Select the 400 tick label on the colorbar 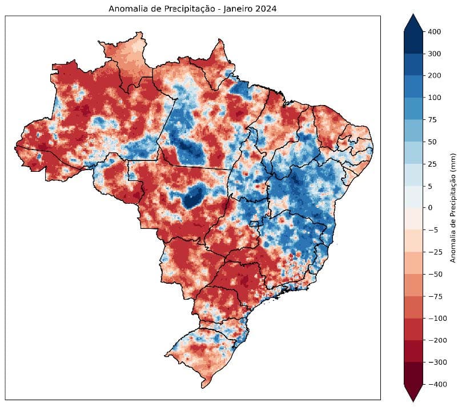coord(433,32)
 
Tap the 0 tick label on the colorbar coord(429,208)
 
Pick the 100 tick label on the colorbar coord(433,98)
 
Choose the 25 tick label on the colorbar coord(432,164)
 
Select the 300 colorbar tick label coord(433,54)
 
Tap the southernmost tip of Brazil coord(203,388)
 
